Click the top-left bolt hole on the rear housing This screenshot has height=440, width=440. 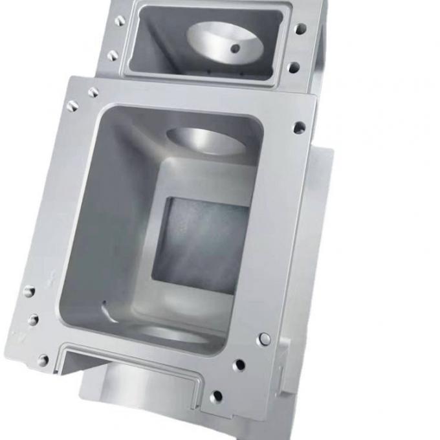[x=120, y=21]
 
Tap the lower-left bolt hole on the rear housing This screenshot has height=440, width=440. [x=113, y=56]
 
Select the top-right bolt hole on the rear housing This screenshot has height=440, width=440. [x=300, y=29]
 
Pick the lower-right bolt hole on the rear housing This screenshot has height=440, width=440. [x=294, y=67]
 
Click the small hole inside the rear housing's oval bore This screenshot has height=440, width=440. [x=235, y=48]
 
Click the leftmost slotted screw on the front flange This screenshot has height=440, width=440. [x=72, y=105]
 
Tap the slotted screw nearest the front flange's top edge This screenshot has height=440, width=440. [x=93, y=92]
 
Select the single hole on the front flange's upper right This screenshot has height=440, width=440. [x=299, y=127]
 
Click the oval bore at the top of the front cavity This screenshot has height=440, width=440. [x=206, y=139]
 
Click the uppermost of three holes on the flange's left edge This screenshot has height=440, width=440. [x=29, y=291]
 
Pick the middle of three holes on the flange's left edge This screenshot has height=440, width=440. [x=33, y=320]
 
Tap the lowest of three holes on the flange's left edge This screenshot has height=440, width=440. [x=43, y=360]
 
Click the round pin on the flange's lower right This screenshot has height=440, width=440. [x=264, y=339]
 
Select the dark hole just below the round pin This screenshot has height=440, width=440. [x=239, y=365]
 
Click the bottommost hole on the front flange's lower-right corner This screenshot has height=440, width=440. [x=216, y=397]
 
